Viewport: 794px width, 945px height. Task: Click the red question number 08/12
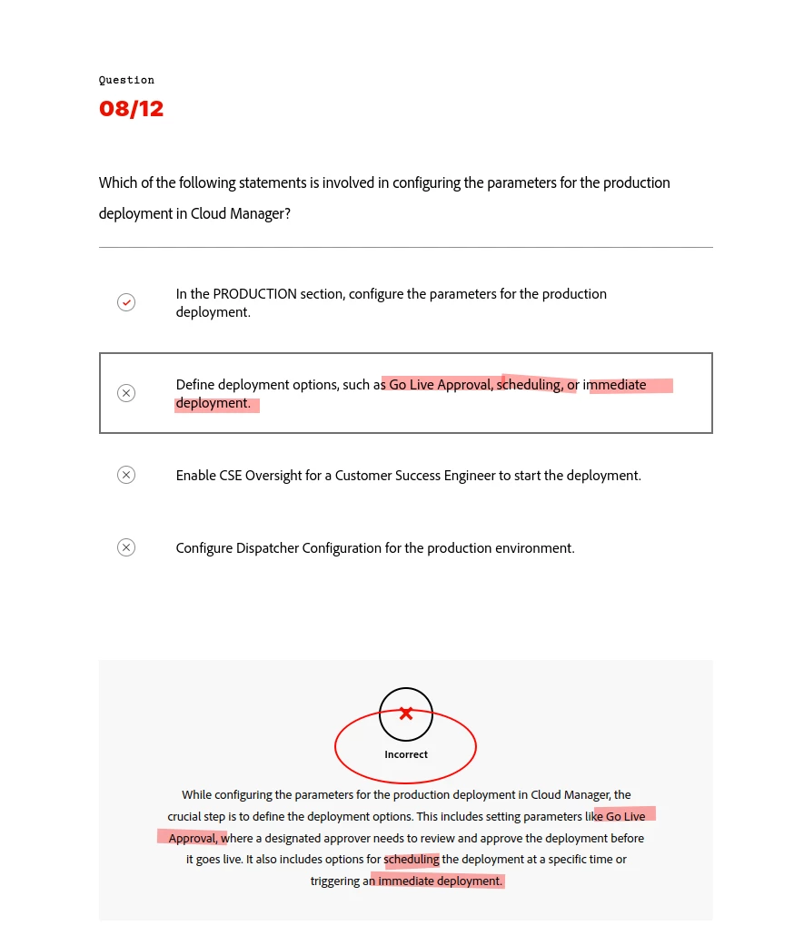[131, 109]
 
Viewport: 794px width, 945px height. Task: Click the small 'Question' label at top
[126, 80]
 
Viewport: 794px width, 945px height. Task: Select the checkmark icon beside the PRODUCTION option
[126, 302]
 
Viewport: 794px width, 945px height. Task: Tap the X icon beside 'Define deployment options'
[126, 393]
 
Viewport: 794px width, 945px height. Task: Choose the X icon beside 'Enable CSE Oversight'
[126, 475]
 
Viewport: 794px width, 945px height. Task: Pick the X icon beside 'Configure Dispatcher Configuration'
[126, 547]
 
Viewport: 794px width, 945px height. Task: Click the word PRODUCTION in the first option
[254, 294]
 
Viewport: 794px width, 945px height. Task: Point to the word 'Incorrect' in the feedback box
[406, 754]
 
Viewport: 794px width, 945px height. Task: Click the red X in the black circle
[406, 714]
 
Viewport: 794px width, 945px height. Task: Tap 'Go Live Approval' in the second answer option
[441, 385]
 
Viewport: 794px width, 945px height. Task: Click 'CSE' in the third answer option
[232, 476]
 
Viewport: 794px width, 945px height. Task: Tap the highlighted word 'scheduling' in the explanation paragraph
[412, 860]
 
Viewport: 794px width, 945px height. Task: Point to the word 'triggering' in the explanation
[336, 881]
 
